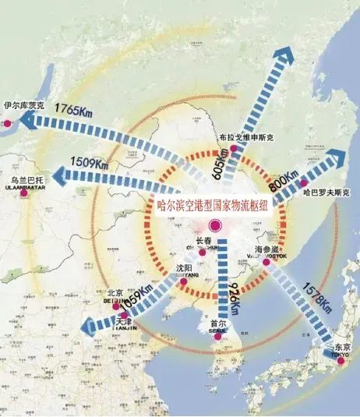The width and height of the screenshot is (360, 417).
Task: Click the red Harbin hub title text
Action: point(212,206)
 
